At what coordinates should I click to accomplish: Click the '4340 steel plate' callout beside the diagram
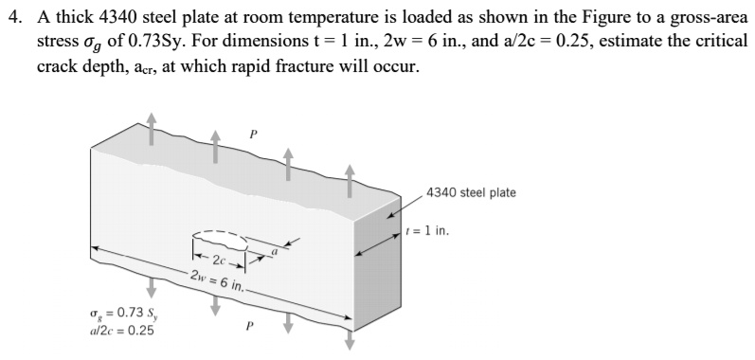pyautogui.click(x=471, y=193)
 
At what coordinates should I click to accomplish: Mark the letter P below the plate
pyautogui.click(x=249, y=329)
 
